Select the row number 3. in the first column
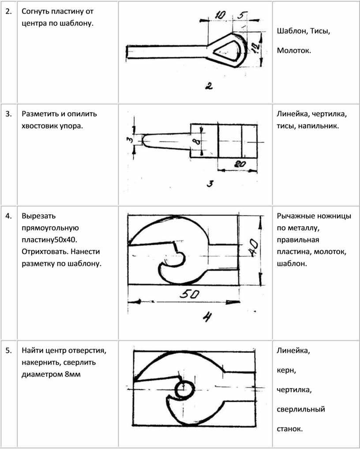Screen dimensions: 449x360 coord(8,114)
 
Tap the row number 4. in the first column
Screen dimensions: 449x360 coord(8,216)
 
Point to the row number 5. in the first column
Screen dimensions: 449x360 coord(8,352)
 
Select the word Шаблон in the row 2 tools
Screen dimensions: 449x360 coord(292,32)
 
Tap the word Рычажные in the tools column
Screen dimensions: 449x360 coord(295,216)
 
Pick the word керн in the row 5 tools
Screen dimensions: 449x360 coord(286,371)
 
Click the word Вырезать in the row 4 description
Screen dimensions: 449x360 coord(38,216)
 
